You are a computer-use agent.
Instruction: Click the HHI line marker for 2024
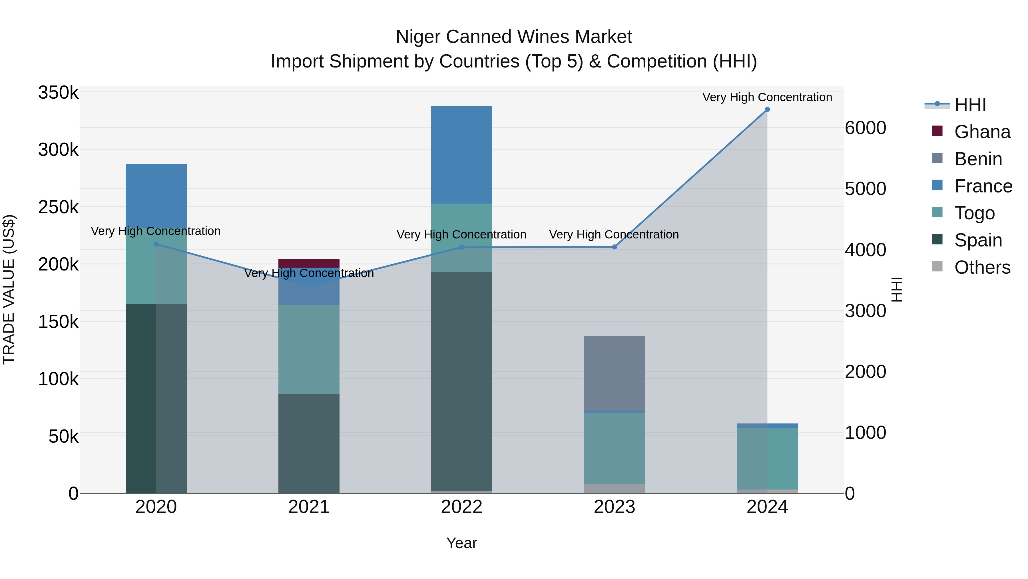click(x=767, y=110)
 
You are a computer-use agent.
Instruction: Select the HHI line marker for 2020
click(x=156, y=244)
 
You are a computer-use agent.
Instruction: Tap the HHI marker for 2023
click(x=615, y=247)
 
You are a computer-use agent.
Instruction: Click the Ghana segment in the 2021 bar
click(x=309, y=263)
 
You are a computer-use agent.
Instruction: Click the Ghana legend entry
click(x=982, y=132)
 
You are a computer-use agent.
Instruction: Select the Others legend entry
click(x=982, y=267)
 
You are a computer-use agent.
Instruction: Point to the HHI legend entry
click(x=970, y=105)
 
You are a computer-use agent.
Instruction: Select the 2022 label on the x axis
click(x=462, y=507)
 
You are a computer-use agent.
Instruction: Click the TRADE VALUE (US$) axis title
click(x=9, y=289)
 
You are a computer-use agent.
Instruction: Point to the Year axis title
click(x=462, y=543)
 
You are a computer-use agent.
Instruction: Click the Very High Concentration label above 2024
click(x=767, y=97)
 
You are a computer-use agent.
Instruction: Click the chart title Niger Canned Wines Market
click(x=514, y=37)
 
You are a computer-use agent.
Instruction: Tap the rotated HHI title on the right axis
click(x=896, y=289)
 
